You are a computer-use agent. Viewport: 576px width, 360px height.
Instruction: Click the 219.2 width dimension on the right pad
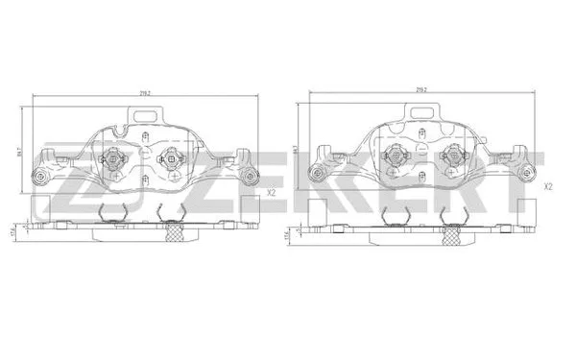420,89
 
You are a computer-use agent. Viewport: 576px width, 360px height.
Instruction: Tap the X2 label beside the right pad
547,186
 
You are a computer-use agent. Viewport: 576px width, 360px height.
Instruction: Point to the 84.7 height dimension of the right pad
297,150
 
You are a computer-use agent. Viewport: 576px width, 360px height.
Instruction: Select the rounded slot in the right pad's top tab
420,113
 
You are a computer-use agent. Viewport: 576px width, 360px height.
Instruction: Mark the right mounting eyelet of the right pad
528,173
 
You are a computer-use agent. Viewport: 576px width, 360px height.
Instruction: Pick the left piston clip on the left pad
115,160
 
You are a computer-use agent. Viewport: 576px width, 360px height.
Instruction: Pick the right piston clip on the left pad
172,160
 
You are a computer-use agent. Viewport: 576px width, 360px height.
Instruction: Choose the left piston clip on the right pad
393,156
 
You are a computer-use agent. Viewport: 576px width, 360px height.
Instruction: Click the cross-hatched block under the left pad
174,230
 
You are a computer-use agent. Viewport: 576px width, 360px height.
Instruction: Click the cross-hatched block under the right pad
450,229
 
